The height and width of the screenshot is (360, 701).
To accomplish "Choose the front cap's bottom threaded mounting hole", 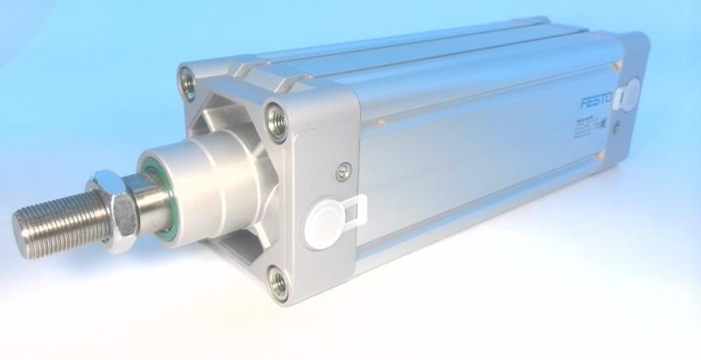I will click(278, 282).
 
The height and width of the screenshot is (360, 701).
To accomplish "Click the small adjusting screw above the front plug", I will click(343, 167).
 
